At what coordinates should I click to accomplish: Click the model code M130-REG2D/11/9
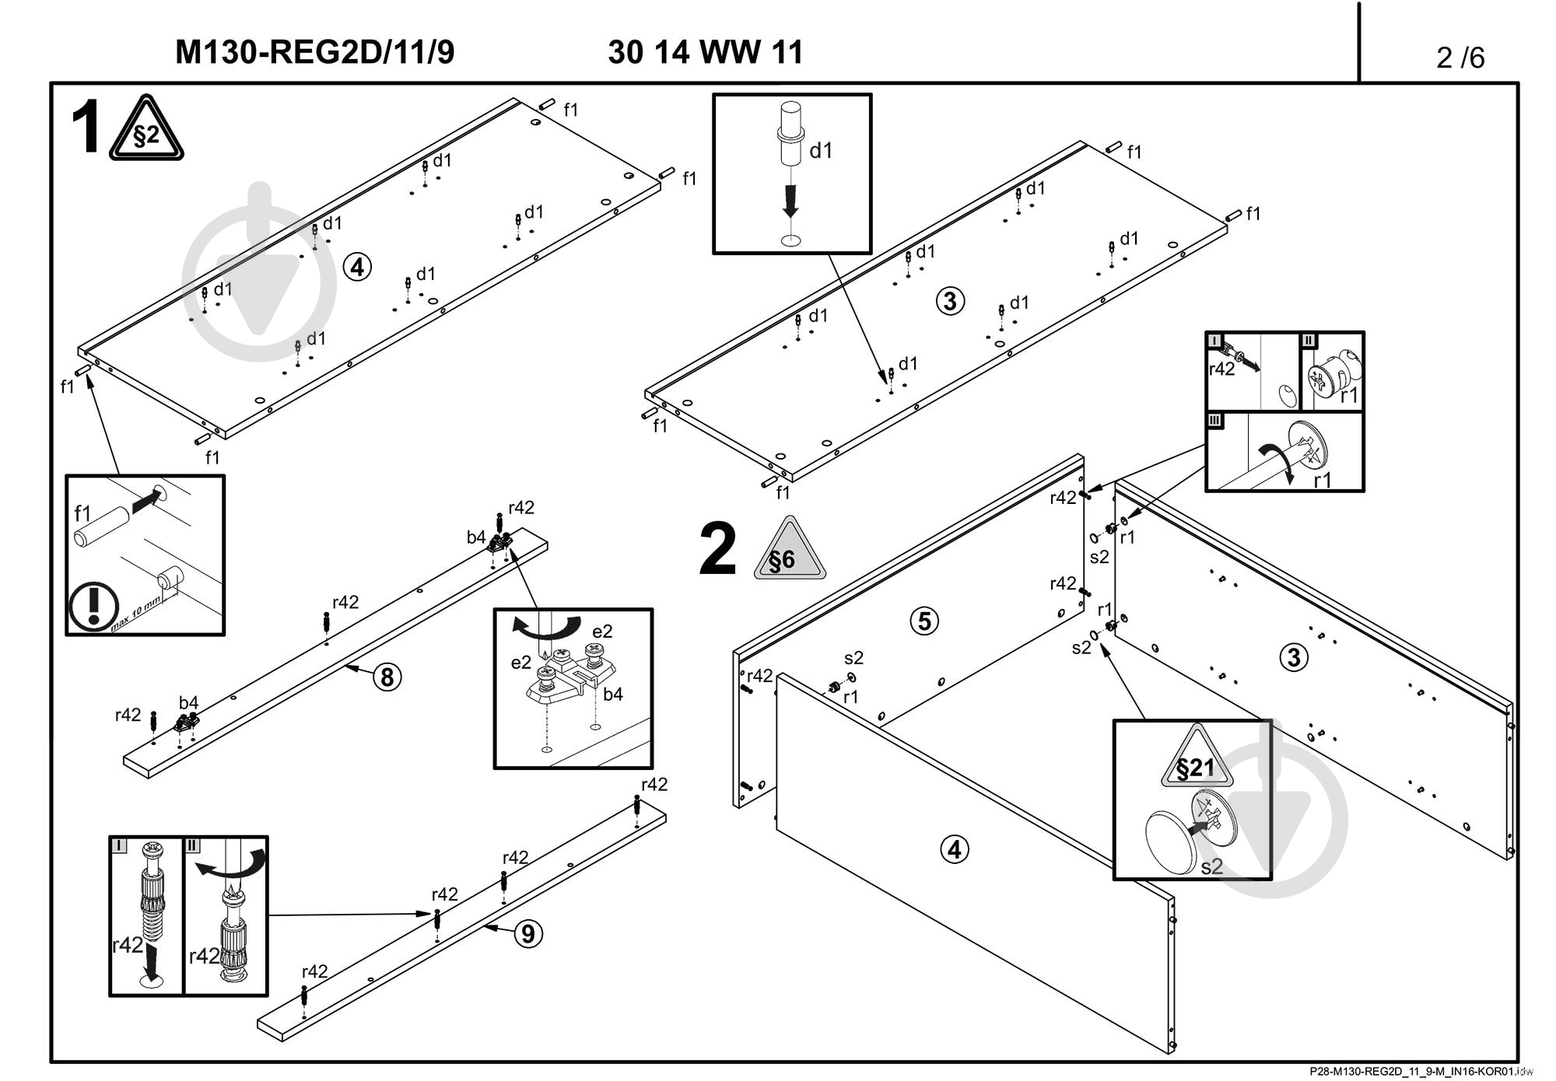click(314, 53)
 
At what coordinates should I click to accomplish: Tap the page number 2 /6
click(1460, 58)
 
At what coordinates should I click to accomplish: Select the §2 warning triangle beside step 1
click(146, 131)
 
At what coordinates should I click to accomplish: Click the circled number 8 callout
click(387, 677)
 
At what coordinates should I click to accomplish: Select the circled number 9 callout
click(528, 933)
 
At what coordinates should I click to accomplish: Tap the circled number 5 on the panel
click(924, 621)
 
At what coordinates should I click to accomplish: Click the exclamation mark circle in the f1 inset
click(93, 607)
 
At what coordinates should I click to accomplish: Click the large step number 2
click(717, 551)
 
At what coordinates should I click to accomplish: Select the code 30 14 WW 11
click(705, 53)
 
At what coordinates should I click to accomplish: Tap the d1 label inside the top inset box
click(821, 151)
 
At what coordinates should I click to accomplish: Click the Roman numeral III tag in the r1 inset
click(1215, 421)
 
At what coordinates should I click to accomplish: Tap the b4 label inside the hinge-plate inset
click(613, 694)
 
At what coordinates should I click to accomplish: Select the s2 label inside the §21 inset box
click(1211, 866)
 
